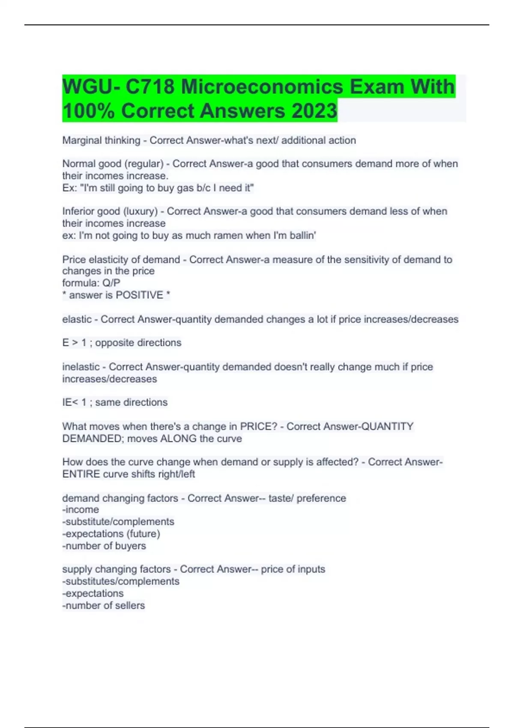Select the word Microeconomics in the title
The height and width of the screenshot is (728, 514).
[x=262, y=87]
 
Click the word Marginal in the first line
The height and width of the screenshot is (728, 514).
[x=80, y=140]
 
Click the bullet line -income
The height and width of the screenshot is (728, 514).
[x=81, y=510]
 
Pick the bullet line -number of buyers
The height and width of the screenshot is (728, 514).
[x=104, y=546]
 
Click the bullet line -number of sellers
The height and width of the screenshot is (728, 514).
[x=104, y=605]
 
